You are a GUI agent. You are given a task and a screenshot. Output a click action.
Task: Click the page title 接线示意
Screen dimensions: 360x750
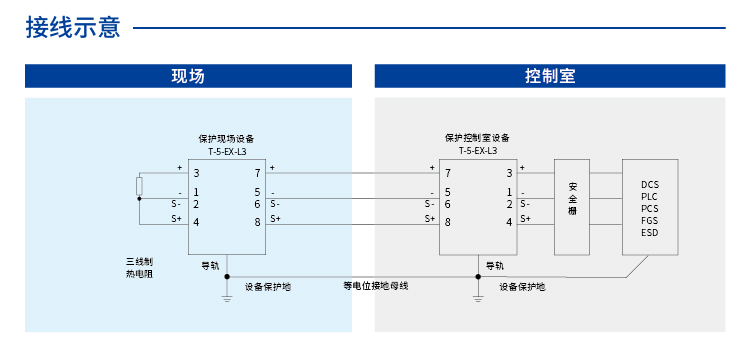tap(73, 27)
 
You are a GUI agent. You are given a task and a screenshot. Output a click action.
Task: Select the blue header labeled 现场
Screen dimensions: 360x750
tap(188, 76)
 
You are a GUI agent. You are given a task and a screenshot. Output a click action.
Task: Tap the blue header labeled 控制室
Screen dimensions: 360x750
tap(549, 76)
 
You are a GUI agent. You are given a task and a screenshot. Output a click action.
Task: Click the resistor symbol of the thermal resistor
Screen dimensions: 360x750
tap(140, 186)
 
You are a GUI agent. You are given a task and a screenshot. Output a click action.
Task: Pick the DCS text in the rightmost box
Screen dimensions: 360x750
tap(650, 185)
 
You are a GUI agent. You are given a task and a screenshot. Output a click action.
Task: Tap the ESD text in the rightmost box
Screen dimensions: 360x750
tap(650, 233)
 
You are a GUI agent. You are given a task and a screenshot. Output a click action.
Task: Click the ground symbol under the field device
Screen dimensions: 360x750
tap(227, 296)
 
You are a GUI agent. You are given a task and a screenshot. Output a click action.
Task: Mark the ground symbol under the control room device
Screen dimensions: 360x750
tap(478, 296)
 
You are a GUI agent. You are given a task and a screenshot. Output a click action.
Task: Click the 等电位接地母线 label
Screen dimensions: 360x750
tap(375, 286)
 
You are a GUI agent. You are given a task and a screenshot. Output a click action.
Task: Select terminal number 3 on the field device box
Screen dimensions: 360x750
tap(197, 173)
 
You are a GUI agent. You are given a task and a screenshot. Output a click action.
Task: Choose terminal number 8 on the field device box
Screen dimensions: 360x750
tap(257, 221)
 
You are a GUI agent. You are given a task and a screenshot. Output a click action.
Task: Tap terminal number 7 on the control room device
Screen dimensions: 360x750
tap(447, 173)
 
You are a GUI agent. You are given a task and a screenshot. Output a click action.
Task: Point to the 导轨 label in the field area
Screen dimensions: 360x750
tap(210, 265)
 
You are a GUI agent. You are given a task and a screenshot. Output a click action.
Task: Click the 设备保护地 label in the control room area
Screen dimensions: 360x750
tap(522, 287)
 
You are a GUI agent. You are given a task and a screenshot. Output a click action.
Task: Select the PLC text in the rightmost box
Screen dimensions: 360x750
tap(650, 197)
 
